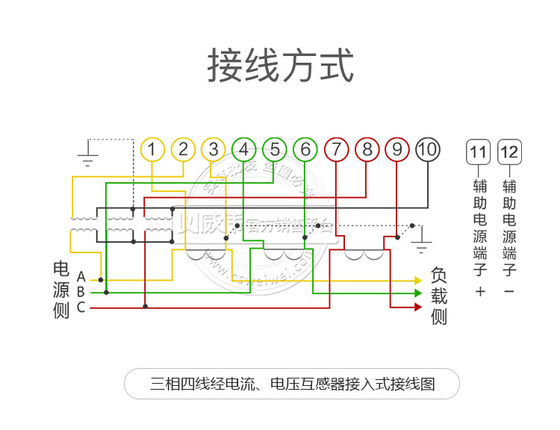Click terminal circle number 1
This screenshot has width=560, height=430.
coord(152,150)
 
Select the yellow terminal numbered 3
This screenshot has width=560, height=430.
coord(214,150)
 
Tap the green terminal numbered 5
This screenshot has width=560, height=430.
coord(275,150)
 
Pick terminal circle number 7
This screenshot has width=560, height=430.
coord(336,150)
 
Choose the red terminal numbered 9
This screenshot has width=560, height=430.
coord(397,150)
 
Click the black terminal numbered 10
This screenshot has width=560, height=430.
coord(427,150)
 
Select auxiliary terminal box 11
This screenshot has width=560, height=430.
coord(478,153)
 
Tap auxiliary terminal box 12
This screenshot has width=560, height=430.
coord(509,153)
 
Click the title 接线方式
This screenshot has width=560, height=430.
coord(280,66)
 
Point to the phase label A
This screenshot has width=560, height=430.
coord(81,278)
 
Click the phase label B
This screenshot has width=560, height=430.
coord(81,292)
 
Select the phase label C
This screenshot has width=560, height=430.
coord(81,306)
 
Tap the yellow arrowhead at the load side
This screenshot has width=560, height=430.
coord(418,281)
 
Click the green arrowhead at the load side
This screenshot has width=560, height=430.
coord(418,293)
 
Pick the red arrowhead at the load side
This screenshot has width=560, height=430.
coord(418,306)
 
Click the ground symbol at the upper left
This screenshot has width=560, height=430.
coord(88,158)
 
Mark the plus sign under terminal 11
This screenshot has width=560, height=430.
coord(479,291)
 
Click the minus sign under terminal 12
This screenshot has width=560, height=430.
coord(509,291)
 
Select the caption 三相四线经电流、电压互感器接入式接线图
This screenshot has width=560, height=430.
coord(292,384)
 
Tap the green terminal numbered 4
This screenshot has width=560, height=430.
coord(244,150)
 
